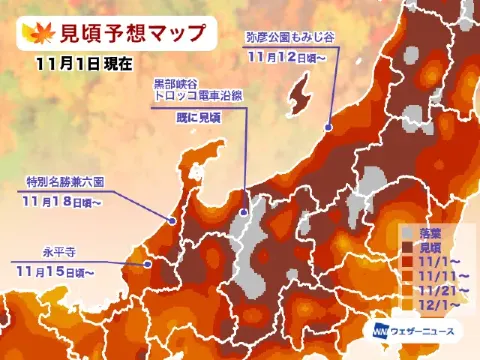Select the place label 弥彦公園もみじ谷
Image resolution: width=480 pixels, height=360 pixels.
click(289, 36)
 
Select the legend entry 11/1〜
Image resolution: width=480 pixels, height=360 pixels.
click(436, 261)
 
